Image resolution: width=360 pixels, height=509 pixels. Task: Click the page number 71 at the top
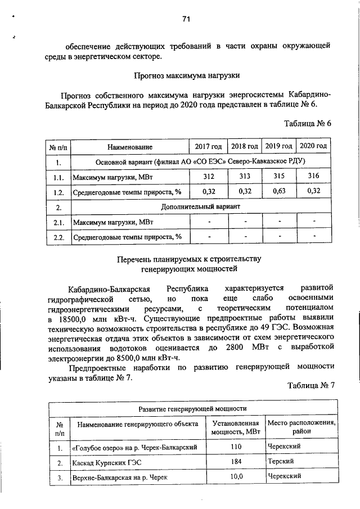(186, 19)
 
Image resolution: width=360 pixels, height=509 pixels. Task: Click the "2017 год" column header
(208, 146)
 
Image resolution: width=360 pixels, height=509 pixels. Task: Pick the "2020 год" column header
(314, 146)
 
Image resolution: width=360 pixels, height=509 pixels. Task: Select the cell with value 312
(208, 176)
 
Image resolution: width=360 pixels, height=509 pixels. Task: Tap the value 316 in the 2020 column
(314, 176)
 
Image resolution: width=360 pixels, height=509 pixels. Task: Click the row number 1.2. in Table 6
(58, 192)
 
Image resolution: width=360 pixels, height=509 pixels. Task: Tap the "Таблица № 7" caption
(310, 385)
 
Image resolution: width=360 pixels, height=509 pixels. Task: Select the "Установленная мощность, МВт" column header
(236, 427)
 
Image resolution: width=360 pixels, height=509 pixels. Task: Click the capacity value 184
(236, 462)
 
